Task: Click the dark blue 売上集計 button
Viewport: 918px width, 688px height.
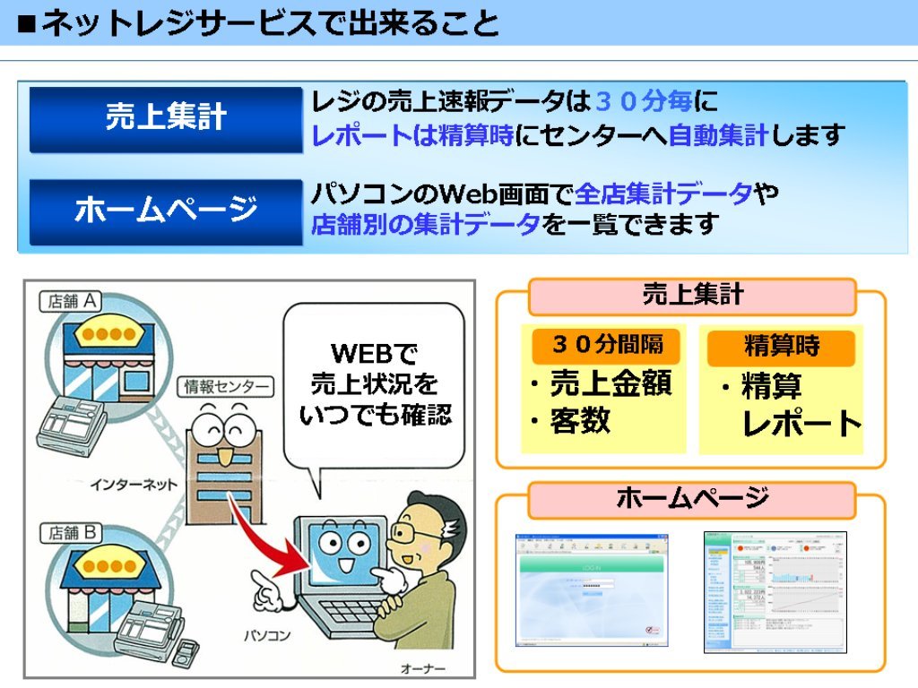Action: click(x=166, y=118)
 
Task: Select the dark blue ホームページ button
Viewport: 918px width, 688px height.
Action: click(x=166, y=211)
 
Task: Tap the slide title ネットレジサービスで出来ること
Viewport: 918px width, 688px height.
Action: click(x=260, y=22)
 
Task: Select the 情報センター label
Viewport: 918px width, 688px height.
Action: click(x=227, y=386)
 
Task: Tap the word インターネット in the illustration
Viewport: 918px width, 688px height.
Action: click(x=134, y=485)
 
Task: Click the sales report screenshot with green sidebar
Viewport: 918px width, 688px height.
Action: click(x=774, y=591)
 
